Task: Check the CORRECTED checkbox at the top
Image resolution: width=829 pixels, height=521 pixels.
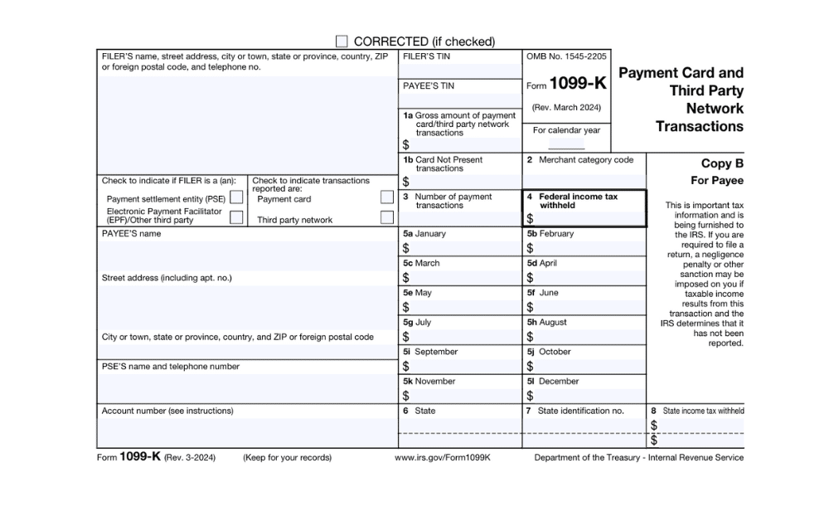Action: pyautogui.click(x=342, y=41)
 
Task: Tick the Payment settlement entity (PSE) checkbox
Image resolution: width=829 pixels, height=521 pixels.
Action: pyautogui.click(x=236, y=198)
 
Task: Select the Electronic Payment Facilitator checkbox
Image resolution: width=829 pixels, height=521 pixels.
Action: pyautogui.click(x=236, y=217)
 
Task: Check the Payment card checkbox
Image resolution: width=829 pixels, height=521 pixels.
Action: pyautogui.click(x=386, y=197)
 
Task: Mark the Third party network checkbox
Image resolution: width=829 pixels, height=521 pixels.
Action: pyautogui.click(x=386, y=217)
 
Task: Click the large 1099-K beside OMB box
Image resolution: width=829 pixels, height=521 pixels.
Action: pyautogui.click(x=578, y=85)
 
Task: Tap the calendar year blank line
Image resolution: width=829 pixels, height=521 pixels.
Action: pyautogui.click(x=566, y=144)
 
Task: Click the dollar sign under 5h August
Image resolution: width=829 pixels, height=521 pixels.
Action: pyautogui.click(x=530, y=337)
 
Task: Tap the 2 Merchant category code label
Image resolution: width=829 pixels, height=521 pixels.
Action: pyautogui.click(x=579, y=160)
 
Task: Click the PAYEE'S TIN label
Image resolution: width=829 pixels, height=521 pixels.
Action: pyautogui.click(x=429, y=86)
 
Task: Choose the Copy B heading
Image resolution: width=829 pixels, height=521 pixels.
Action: pyautogui.click(x=718, y=163)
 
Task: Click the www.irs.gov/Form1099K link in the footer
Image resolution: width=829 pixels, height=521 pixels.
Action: pyautogui.click(x=443, y=458)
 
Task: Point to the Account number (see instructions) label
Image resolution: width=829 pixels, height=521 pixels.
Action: pyautogui.click(x=167, y=411)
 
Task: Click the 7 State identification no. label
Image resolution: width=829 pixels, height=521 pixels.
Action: pyautogui.click(x=574, y=411)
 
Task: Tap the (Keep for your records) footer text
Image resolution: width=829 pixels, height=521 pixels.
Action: pyautogui.click(x=287, y=458)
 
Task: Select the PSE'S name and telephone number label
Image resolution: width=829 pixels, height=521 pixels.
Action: pyautogui.click(x=170, y=367)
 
